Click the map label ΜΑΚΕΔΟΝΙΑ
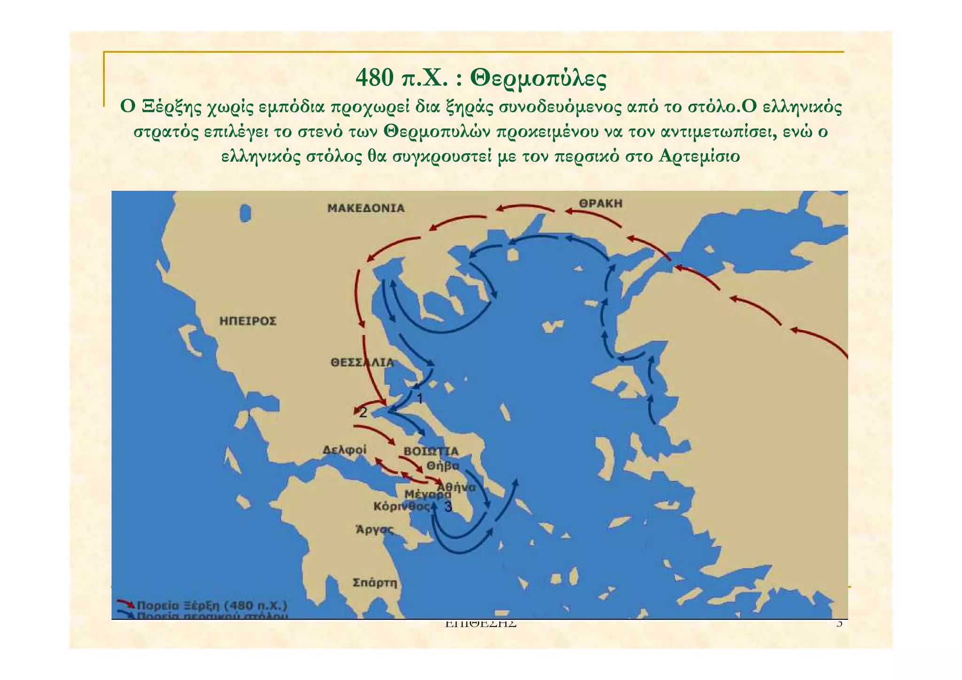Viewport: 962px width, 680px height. pyautogui.click(x=365, y=208)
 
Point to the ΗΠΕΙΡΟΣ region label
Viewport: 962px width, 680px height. pyautogui.click(x=248, y=321)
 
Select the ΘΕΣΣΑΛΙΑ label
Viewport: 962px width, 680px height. pyautogui.click(x=362, y=362)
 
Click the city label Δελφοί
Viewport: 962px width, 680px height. pyautogui.click(x=344, y=450)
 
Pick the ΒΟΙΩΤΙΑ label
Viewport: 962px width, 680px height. pyautogui.click(x=431, y=452)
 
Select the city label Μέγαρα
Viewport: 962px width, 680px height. pyautogui.click(x=427, y=494)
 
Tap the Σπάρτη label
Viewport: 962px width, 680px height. pyautogui.click(x=375, y=583)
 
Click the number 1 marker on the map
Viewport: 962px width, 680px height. pyautogui.click(x=420, y=399)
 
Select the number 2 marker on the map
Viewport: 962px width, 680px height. pyautogui.click(x=363, y=413)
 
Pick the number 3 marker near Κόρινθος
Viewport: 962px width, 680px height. pyautogui.click(x=448, y=507)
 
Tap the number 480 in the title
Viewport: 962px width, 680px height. pyautogui.click(x=374, y=78)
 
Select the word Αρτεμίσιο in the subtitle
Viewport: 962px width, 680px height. pyautogui.click(x=699, y=156)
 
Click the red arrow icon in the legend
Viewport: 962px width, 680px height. pyautogui.click(x=125, y=603)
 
